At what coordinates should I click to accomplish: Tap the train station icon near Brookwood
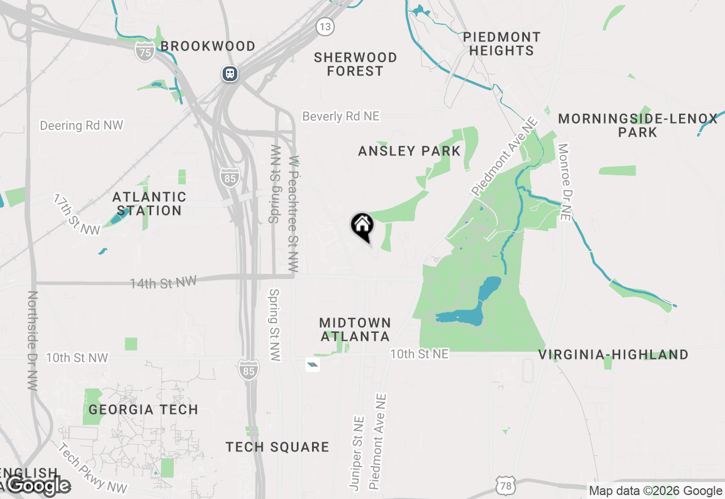pos(229,74)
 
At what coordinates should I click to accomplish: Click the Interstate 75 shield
pos(145,52)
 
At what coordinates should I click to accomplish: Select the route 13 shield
pos(325,26)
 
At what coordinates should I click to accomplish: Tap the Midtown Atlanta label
pos(355,329)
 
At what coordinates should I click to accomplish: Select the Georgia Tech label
pos(143,409)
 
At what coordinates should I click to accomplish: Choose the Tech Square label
pos(278,447)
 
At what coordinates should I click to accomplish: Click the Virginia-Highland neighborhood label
pos(613,355)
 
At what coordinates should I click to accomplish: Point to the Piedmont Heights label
pos(501,44)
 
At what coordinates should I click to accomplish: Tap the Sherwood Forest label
pos(355,64)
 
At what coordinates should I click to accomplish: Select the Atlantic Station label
pos(149,204)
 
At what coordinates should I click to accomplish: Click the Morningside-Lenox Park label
pos(638,125)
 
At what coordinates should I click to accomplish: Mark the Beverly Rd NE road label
pos(340,116)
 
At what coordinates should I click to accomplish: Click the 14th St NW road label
pos(163,282)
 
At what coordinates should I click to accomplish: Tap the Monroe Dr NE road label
pos(564,181)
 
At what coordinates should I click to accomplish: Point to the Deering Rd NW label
pos(82,125)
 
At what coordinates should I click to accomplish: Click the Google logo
pos(39,485)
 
